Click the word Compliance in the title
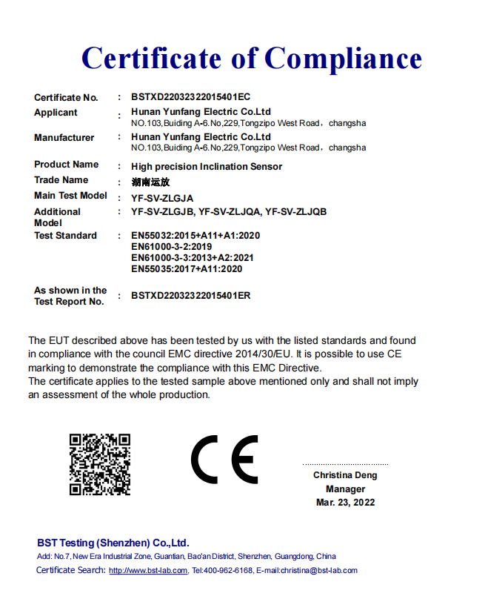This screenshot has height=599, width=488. (x=343, y=58)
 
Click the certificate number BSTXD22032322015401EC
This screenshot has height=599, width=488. (x=191, y=97)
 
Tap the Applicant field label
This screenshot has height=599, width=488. (x=56, y=113)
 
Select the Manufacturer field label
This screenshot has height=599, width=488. (x=64, y=138)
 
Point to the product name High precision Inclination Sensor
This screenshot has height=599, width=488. (x=207, y=167)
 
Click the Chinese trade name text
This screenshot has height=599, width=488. (x=150, y=182)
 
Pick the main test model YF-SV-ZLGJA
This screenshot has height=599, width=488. (x=162, y=198)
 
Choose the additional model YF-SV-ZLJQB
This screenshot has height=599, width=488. (x=296, y=212)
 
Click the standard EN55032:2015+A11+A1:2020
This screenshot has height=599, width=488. (x=195, y=236)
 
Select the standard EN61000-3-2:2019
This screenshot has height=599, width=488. (x=172, y=247)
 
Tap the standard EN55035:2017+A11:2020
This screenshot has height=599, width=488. (x=187, y=269)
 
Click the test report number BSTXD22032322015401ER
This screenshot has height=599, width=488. (x=191, y=296)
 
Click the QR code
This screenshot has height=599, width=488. (x=100, y=465)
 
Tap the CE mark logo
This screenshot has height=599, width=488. (x=225, y=460)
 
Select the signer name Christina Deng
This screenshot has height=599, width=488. (x=345, y=475)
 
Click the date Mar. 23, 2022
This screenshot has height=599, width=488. (x=345, y=503)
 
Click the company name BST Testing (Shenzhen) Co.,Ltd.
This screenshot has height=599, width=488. (x=113, y=543)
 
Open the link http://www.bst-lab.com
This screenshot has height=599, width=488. (x=148, y=571)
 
